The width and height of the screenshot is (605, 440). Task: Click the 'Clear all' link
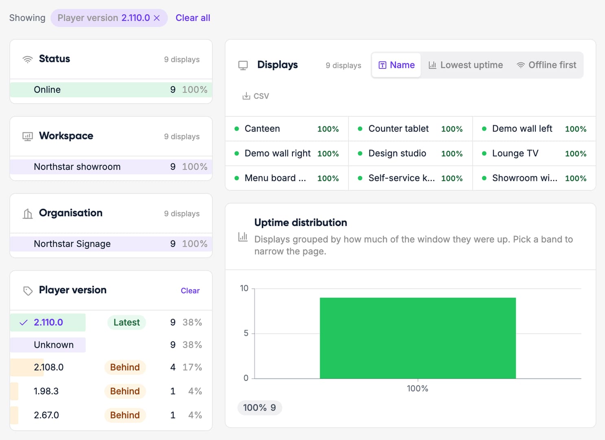pyautogui.click(x=193, y=18)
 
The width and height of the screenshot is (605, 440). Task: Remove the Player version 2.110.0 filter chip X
pyautogui.click(x=157, y=18)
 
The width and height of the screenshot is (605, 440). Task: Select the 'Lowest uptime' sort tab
pyautogui.click(x=466, y=65)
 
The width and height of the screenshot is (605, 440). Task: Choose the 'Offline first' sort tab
pyautogui.click(x=546, y=65)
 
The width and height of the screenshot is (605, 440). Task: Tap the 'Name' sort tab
pyautogui.click(x=396, y=65)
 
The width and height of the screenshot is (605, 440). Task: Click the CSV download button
pyautogui.click(x=256, y=96)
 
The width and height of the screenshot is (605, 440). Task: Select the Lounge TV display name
pyautogui.click(x=515, y=153)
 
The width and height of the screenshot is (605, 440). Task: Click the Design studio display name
pyautogui.click(x=397, y=153)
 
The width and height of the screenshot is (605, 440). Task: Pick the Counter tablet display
pyautogui.click(x=399, y=129)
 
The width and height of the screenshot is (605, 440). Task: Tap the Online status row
pyautogui.click(x=111, y=90)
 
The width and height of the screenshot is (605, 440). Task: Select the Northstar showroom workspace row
pyautogui.click(x=111, y=167)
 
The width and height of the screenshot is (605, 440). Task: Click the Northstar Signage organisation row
pyautogui.click(x=111, y=244)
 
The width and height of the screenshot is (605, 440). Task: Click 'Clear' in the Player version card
pyautogui.click(x=190, y=290)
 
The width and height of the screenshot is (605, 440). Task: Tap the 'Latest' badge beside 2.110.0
pyautogui.click(x=126, y=322)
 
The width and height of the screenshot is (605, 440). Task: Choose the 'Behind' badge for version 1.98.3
pyautogui.click(x=125, y=391)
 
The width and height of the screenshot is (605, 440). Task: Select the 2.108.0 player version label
pyautogui.click(x=48, y=367)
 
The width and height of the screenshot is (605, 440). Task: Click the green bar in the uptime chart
pyautogui.click(x=418, y=338)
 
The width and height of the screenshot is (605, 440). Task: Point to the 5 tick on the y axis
pyautogui.click(x=246, y=333)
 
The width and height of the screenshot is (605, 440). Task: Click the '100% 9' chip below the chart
pyautogui.click(x=260, y=407)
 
